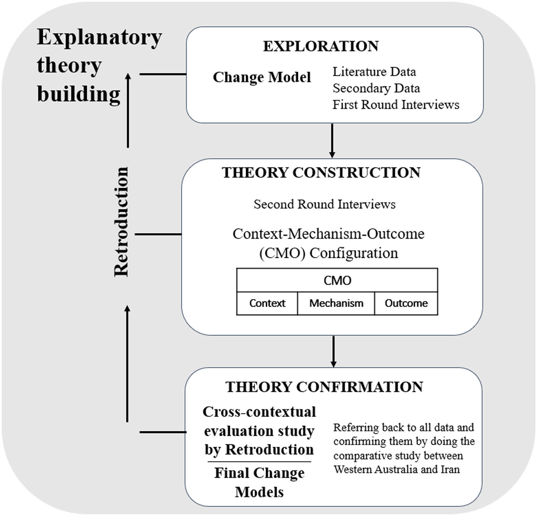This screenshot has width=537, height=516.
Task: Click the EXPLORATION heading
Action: (321, 46)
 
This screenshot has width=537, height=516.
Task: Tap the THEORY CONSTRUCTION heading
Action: (321, 173)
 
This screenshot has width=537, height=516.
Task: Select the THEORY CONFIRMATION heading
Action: (324, 387)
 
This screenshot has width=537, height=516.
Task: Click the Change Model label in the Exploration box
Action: (262, 77)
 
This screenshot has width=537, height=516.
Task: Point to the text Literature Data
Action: (374, 72)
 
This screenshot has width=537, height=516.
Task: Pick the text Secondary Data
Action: (376, 88)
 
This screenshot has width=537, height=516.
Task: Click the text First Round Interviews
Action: (396, 105)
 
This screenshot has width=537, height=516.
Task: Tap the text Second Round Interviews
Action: (324, 204)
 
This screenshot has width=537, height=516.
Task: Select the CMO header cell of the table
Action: (337, 280)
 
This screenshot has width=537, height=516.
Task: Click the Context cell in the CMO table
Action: (267, 303)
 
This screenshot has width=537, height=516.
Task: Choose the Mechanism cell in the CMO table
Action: (336, 303)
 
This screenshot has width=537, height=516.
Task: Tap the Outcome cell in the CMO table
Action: (406, 303)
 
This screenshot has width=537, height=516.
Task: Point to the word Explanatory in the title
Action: (99, 38)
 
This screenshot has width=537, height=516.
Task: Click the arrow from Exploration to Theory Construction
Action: (332, 141)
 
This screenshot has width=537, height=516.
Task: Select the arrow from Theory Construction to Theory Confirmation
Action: (333, 351)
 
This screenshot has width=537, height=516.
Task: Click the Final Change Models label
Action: (259, 482)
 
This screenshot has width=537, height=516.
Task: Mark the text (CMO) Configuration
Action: (329, 253)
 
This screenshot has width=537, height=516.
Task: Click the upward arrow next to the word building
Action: (128, 109)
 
